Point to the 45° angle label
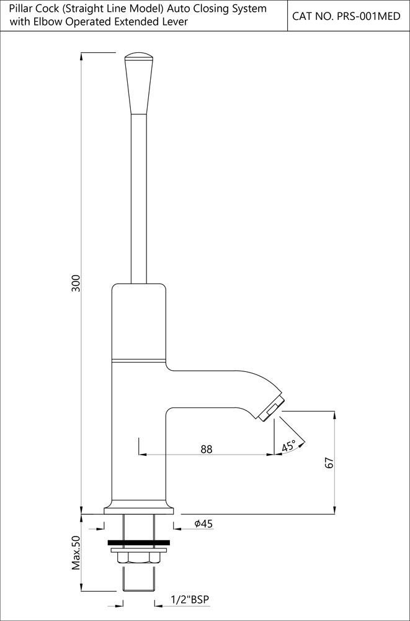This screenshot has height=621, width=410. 289,446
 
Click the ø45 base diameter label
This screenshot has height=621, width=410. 203,524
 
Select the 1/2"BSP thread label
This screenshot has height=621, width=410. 190,599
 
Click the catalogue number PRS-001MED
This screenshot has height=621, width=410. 345,16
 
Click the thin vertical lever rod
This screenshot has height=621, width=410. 139,199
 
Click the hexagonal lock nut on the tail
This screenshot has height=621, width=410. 139,558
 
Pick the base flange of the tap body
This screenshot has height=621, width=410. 139,509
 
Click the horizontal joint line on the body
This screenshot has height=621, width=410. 139,360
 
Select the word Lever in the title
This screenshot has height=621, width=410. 176,22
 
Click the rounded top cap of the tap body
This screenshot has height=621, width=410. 139,292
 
